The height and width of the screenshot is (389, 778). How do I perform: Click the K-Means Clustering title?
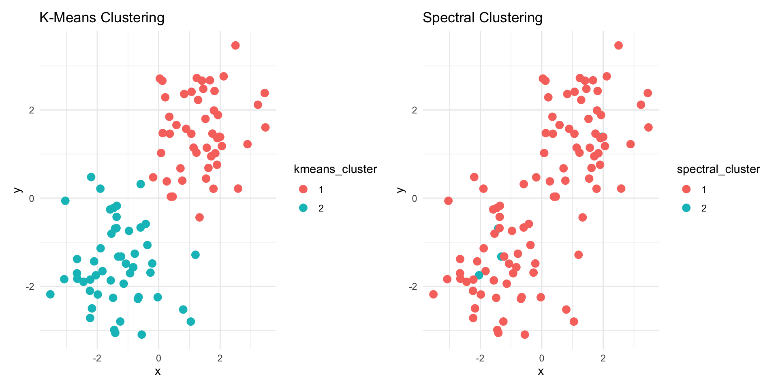[x=102, y=18]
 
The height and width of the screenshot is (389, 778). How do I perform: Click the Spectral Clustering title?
[x=482, y=18]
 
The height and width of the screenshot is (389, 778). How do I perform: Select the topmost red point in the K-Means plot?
[x=235, y=45]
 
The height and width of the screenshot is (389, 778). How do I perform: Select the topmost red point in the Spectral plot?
[x=618, y=45]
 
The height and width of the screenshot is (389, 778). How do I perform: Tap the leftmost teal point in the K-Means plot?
[x=50, y=294]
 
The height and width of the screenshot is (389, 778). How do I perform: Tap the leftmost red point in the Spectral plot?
[x=433, y=294]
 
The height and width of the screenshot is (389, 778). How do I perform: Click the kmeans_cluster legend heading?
[x=335, y=169]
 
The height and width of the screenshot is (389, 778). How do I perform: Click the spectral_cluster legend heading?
[x=718, y=169]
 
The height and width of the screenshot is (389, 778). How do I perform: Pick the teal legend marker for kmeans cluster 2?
[x=303, y=208]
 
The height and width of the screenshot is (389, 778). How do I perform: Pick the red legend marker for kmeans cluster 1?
[x=303, y=189]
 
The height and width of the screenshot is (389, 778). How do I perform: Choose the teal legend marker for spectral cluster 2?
[x=686, y=208]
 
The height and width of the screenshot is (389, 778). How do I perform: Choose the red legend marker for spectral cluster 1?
[x=686, y=189]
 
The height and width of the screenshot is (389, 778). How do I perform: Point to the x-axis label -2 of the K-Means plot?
[x=97, y=359]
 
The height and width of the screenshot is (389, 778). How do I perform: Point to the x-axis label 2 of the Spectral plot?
[x=603, y=359]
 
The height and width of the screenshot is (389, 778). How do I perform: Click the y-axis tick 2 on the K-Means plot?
[x=32, y=110]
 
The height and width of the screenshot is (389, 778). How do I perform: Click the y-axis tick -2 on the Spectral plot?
[x=413, y=286]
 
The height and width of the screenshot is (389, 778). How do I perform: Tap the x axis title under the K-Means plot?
[x=158, y=371]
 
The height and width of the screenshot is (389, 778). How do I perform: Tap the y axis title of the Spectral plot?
[x=401, y=190]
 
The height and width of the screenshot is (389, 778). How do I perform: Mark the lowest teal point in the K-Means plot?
[x=141, y=335]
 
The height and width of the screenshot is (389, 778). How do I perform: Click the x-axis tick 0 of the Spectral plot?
[x=542, y=359]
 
